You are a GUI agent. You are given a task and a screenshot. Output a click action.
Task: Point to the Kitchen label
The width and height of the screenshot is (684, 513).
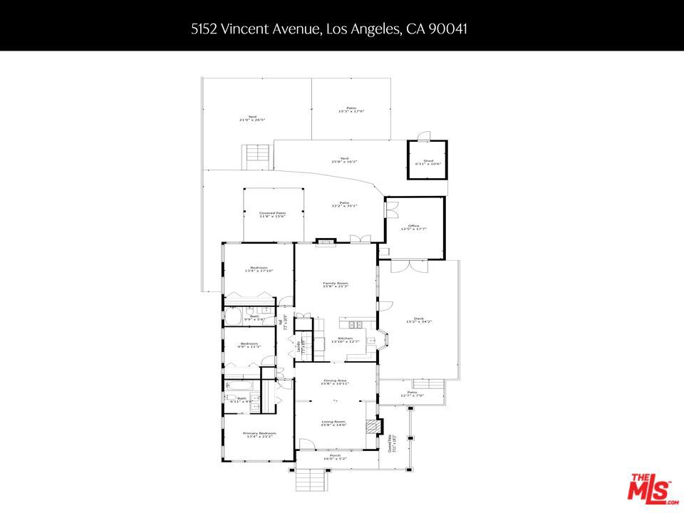point(345,340)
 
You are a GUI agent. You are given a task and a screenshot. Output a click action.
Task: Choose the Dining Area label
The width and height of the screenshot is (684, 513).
point(335,383)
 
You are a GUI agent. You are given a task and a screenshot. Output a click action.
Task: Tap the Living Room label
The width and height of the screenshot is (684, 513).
point(335,423)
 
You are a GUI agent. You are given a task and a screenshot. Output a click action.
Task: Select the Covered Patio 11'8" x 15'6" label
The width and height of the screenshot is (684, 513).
point(272,214)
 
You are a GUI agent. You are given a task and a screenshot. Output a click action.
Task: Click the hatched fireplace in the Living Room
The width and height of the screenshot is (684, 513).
point(370,426)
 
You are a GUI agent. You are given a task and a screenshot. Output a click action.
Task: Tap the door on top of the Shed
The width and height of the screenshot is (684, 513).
point(424,136)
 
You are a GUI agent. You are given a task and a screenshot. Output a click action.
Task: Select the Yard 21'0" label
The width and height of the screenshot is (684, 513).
point(252,118)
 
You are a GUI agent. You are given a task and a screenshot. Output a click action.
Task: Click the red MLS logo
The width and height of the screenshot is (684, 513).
point(649,489)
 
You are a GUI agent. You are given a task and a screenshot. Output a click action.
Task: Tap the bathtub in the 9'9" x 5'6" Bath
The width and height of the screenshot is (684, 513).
point(234,316)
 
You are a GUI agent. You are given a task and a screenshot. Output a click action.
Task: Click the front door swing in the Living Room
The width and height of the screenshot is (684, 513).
point(307,444)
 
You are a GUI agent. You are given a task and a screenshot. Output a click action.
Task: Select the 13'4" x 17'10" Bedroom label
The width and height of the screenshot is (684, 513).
point(259,269)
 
